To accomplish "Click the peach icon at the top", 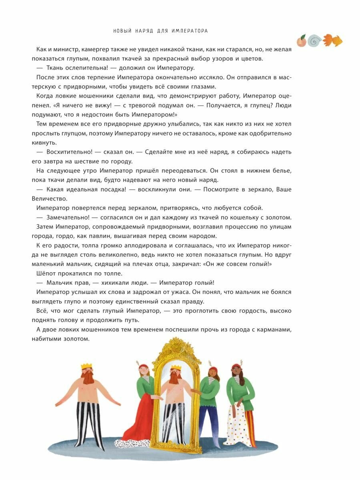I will coord(301,40).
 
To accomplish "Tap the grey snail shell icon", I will coord(315,40).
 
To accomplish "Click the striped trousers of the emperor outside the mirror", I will coord(87,420).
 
